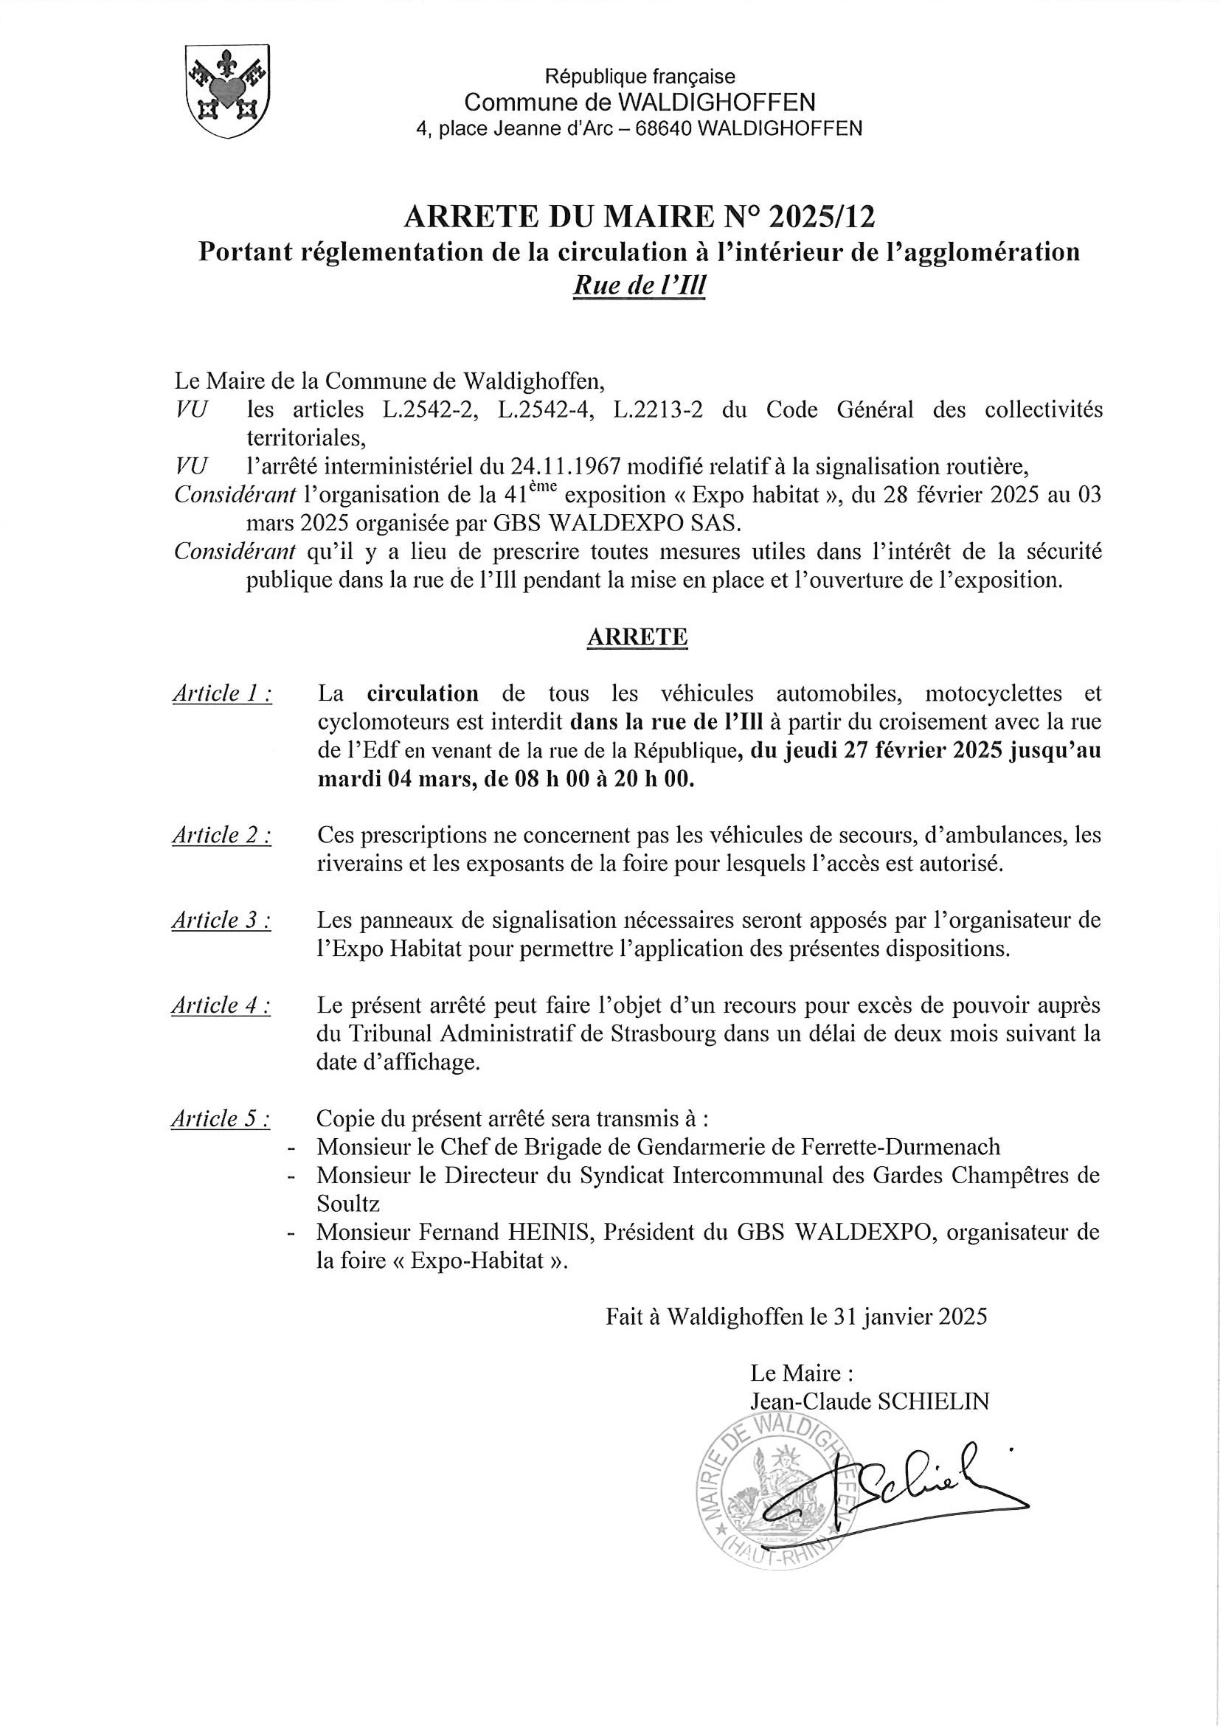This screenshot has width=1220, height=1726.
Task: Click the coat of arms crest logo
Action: pyautogui.click(x=227, y=91)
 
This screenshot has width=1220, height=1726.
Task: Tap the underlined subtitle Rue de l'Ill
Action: pyautogui.click(x=639, y=285)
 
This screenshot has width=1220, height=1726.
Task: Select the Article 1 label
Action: pyautogui.click(x=222, y=693)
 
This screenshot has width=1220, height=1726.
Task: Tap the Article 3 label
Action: pyautogui.click(x=221, y=919)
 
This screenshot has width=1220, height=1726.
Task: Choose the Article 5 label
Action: pyautogui.click(x=221, y=1120)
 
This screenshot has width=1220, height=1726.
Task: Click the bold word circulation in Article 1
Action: pyautogui.click(x=423, y=693)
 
